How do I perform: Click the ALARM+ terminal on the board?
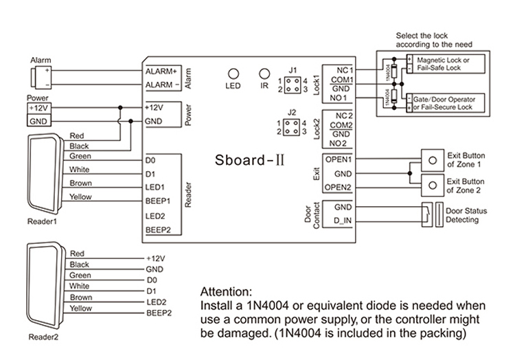pos(161,71)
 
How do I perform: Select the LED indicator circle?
pos(233,74)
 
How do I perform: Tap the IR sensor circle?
pos(264,74)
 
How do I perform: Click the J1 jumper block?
pos(293,84)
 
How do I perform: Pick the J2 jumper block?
pos(293,127)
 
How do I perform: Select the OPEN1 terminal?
pos(338,159)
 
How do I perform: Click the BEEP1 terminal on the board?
pos(158,201)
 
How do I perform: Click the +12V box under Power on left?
pos(38,109)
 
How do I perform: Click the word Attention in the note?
pos(225,291)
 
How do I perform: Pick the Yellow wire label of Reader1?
pos(80,197)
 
